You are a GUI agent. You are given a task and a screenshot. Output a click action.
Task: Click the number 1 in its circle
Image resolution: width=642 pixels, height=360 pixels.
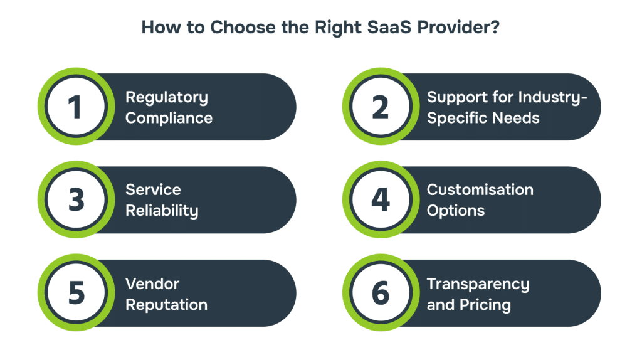[x=75, y=107]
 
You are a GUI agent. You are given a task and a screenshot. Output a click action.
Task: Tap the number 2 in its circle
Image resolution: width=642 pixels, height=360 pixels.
[x=381, y=107]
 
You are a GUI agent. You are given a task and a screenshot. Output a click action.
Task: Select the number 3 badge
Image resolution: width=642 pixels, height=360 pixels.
[x=76, y=200]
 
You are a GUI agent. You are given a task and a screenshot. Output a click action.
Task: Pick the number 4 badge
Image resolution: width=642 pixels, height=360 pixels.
[x=381, y=200]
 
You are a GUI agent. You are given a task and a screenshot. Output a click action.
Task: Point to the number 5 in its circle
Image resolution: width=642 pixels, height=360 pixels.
[x=76, y=294]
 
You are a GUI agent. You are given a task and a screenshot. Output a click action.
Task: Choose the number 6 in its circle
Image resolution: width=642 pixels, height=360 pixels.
[x=381, y=294]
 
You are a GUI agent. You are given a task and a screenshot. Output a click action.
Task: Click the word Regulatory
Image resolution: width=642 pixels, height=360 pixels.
[x=167, y=98]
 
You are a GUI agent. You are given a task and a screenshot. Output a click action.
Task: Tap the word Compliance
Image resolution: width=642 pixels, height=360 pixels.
[x=169, y=118]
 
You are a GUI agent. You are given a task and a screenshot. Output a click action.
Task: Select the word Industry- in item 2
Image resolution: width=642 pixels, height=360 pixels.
[x=553, y=98]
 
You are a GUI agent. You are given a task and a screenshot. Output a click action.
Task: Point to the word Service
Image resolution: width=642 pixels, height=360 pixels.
[x=153, y=189]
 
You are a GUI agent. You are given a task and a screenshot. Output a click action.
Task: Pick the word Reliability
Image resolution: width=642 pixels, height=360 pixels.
[x=162, y=211]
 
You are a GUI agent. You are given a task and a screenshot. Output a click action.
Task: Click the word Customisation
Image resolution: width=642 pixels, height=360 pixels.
[x=480, y=189]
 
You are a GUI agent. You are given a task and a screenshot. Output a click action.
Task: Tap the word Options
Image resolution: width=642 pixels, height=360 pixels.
[x=456, y=211]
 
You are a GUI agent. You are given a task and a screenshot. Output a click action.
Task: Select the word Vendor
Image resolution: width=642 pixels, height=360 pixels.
[x=152, y=284]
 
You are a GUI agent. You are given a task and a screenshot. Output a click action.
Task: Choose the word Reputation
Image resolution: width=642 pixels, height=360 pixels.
[x=166, y=305]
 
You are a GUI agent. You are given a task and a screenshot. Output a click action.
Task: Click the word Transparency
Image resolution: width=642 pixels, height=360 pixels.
[x=478, y=285]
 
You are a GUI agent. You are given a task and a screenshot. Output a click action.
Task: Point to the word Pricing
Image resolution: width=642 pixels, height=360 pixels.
[x=485, y=305]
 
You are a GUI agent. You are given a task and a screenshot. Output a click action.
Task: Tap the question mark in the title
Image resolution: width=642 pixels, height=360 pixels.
[x=495, y=28]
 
